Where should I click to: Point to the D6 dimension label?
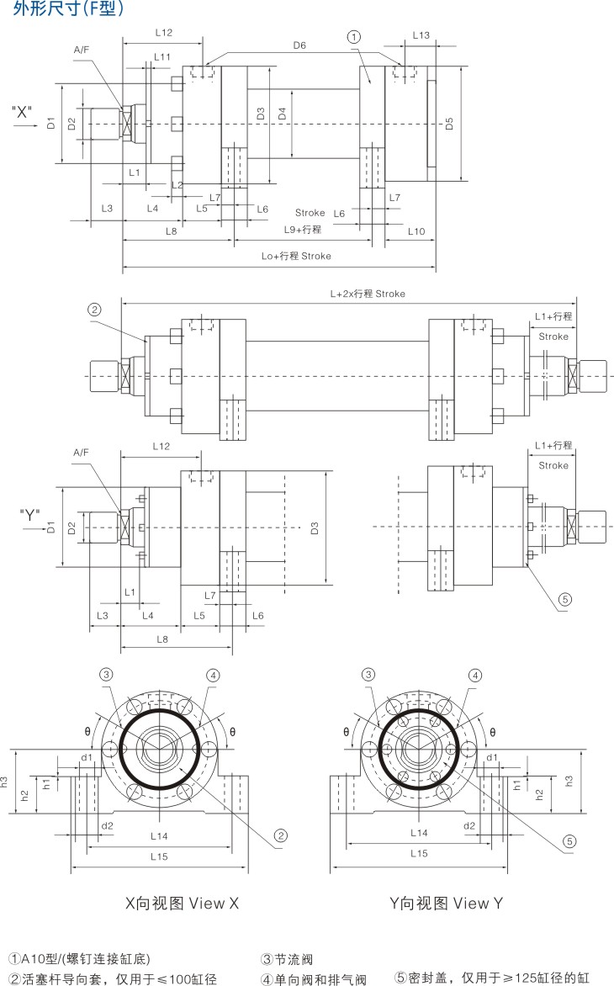click(299, 45)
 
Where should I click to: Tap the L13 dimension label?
click(421, 35)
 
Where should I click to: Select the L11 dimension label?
click(162, 57)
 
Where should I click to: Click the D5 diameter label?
click(450, 124)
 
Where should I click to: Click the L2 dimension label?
click(177, 184)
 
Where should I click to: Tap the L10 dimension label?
click(416, 231)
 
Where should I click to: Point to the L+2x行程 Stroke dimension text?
click(368, 294)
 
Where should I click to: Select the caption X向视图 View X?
click(183, 903)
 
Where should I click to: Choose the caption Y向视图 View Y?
click(447, 903)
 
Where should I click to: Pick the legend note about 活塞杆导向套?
click(113, 978)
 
